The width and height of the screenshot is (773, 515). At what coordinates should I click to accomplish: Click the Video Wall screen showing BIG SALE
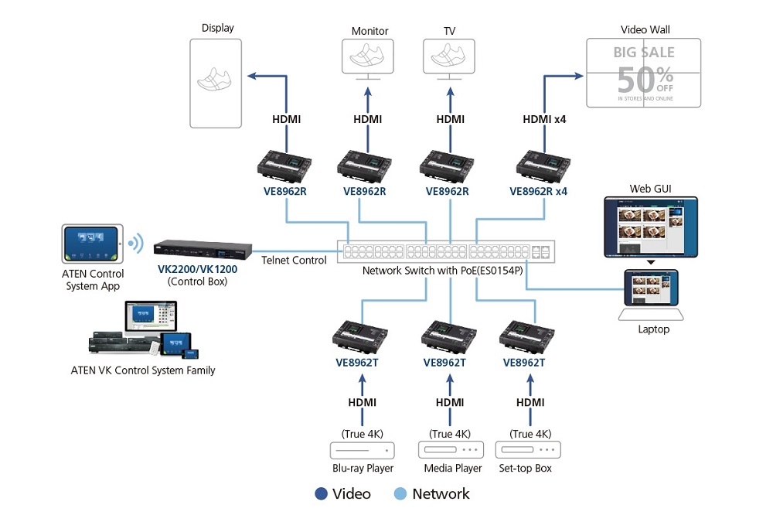click(643, 73)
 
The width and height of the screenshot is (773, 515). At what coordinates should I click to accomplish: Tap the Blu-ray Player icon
click(362, 450)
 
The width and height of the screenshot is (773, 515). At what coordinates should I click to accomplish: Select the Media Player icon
click(451, 450)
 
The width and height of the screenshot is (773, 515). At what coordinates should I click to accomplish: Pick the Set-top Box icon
click(529, 450)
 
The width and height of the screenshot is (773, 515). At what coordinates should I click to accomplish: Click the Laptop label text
click(653, 329)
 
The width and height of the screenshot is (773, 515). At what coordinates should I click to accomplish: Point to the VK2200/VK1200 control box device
click(203, 251)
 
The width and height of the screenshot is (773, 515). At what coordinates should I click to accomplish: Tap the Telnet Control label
click(294, 261)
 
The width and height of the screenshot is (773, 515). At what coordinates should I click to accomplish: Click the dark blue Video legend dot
click(322, 494)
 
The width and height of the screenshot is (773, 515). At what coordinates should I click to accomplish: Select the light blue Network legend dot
click(400, 494)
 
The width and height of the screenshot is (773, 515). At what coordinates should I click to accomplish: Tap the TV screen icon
click(449, 57)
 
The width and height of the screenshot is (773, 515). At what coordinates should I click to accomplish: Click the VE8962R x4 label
click(539, 191)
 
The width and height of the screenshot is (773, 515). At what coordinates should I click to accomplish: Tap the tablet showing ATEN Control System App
click(91, 244)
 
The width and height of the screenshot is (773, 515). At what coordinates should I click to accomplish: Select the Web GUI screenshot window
click(649, 227)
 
